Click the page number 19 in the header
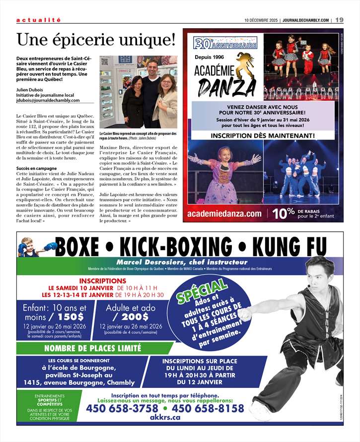click(339, 20)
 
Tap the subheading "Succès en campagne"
click(36, 169)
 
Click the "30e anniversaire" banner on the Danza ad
click(225, 45)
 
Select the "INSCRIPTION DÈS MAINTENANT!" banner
click(263, 135)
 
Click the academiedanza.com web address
click(224, 214)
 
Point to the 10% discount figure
click(284, 214)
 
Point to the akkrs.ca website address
click(165, 418)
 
